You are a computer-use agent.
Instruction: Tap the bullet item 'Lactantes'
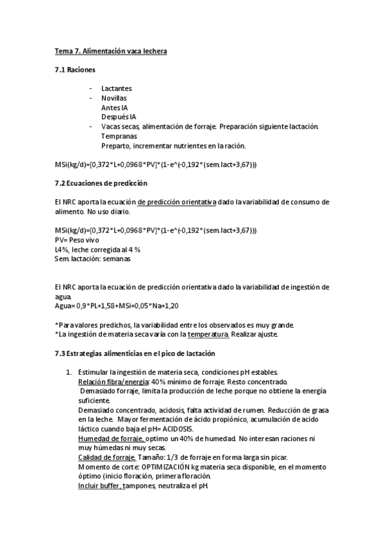(x=117, y=88)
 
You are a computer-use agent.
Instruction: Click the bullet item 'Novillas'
(x=114, y=98)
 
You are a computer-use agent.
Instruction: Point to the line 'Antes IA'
(x=115, y=108)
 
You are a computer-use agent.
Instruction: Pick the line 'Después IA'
(x=119, y=117)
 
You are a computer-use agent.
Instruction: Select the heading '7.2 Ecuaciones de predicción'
(x=101, y=183)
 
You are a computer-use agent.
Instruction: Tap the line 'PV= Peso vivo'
(x=78, y=239)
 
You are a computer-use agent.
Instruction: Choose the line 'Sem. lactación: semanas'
(x=93, y=259)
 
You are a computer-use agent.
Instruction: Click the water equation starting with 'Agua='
(x=117, y=306)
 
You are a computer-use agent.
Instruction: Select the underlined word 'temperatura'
(x=208, y=334)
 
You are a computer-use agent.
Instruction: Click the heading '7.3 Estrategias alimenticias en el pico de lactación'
(x=135, y=353)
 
